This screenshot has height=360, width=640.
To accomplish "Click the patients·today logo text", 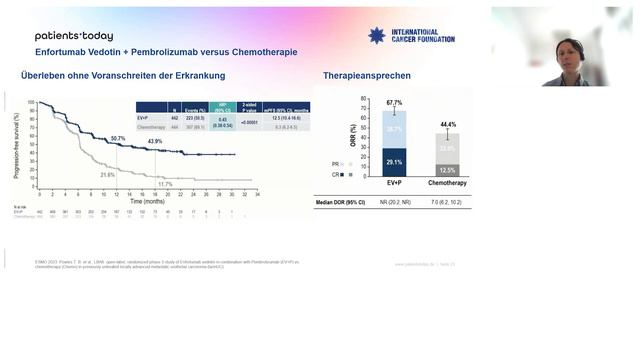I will (74, 35).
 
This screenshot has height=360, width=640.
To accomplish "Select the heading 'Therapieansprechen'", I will (367, 76).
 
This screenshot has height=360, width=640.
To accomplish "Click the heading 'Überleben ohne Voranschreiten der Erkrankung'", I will (123, 76).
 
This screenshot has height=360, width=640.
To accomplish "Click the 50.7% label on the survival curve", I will (118, 138).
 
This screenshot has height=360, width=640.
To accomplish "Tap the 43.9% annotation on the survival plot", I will (155, 141).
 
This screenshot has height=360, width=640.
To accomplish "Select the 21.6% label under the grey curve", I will (108, 174).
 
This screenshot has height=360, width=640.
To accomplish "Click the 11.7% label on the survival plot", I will (165, 184).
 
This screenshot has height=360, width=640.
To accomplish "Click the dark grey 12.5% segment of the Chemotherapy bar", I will (448, 170).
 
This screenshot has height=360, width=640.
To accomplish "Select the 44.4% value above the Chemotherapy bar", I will (448, 123).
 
